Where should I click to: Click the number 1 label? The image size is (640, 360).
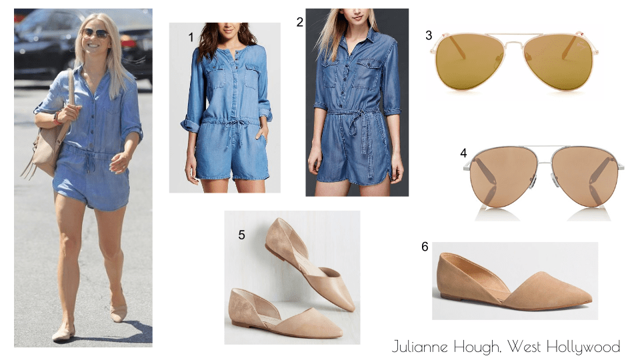coord(191,37)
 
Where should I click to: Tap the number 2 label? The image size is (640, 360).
coord(300,22)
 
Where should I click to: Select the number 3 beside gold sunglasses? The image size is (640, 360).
coord(429,35)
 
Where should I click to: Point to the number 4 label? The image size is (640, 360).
coord(463,153)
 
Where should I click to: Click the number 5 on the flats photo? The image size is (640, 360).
coord(241,235)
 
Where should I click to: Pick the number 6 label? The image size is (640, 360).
coord(425,247)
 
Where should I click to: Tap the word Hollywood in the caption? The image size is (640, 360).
coord(583,347)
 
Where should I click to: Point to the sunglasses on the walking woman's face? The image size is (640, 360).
coord(95,33)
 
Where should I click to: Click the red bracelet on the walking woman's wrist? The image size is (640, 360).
coord(56,119)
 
